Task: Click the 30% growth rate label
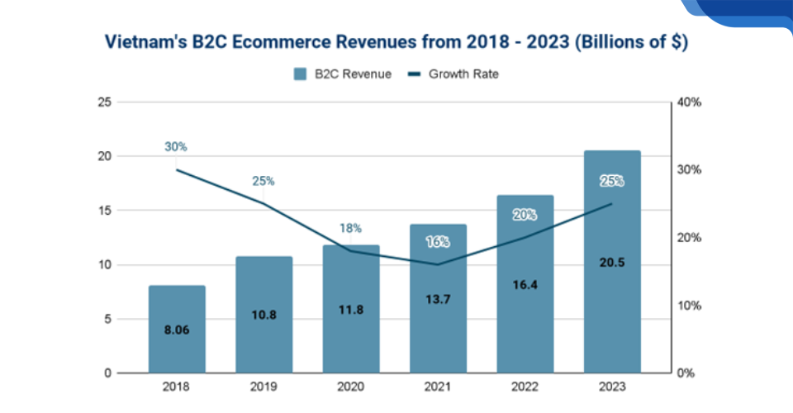[x=176, y=147]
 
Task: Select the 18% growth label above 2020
[x=350, y=228]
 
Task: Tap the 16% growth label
[x=438, y=242]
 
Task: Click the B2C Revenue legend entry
[x=342, y=74]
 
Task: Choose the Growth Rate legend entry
[x=454, y=74]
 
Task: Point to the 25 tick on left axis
[x=103, y=102]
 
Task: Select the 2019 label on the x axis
[x=264, y=386]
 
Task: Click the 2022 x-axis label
[x=525, y=386]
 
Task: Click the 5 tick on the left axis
[x=107, y=319]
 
